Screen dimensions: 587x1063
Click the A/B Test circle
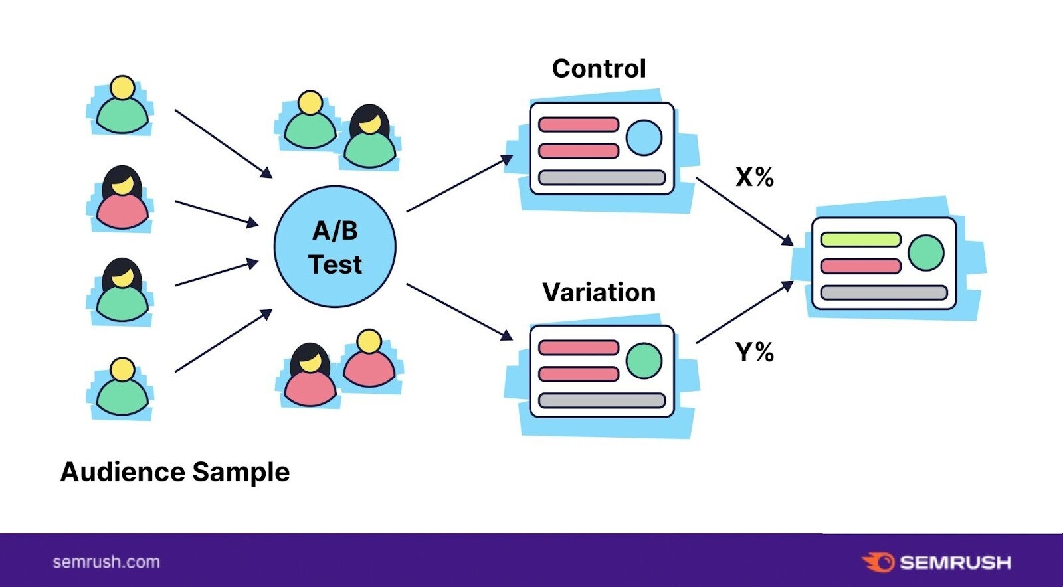point(335,247)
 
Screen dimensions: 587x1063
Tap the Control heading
point(599,69)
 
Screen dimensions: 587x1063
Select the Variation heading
point(599,292)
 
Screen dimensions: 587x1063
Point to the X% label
point(755,177)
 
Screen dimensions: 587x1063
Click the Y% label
point(755,351)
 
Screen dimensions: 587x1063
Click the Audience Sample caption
point(175,472)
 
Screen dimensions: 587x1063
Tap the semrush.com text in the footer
point(106,562)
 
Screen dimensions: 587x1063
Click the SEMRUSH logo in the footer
point(937,562)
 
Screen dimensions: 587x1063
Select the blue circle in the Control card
point(644,138)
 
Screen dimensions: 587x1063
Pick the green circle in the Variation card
point(644,361)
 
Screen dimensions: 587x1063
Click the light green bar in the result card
point(860,240)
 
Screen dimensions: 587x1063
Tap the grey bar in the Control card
point(602,177)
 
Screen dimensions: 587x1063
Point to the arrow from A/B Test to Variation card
point(458,311)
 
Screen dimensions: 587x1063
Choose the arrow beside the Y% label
point(744,312)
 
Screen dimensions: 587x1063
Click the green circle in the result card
point(925,252)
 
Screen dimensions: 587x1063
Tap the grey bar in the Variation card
point(602,400)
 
